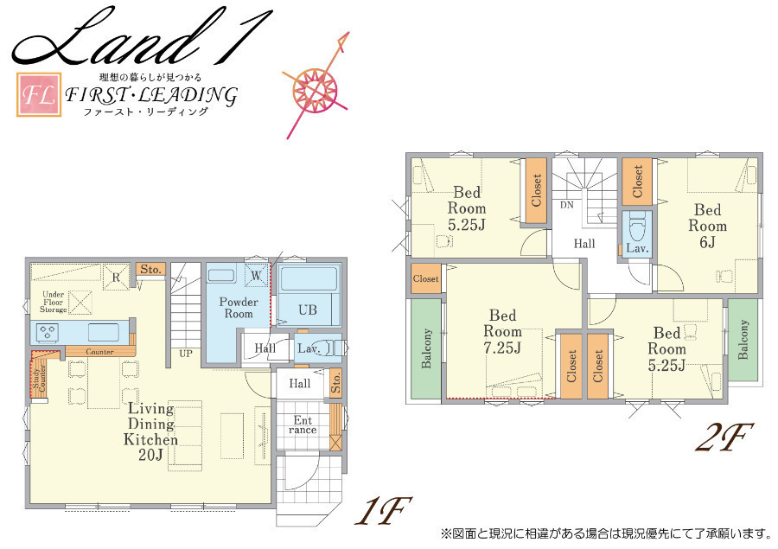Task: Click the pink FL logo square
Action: tap(39, 94)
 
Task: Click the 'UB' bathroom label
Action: tap(308, 310)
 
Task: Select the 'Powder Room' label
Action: tap(239, 308)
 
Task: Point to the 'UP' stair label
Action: tap(186, 354)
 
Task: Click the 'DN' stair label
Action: tap(566, 205)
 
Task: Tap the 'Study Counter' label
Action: tap(39, 379)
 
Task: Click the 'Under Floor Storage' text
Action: tap(53, 302)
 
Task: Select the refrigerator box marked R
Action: tap(116, 277)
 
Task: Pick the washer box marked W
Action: tap(257, 275)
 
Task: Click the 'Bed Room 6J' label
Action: tap(707, 226)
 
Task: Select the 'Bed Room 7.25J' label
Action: tap(502, 331)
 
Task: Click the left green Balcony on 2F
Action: tap(425, 348)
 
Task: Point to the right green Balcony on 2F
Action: tap(743, 340)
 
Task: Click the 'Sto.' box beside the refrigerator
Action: tap(150, 270)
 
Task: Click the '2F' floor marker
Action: tap(725, 437)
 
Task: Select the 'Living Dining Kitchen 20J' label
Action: tap(150, 431)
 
